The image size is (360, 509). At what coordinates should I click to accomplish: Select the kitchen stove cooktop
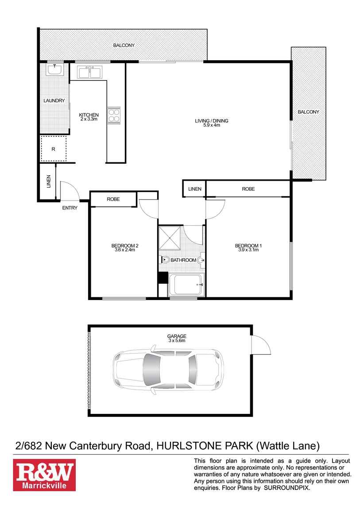[114, 115]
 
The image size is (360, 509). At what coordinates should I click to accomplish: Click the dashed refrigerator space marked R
[54, 149]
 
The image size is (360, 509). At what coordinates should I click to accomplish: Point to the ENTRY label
[70, 208]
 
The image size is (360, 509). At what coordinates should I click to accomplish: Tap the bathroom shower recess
[170, 238]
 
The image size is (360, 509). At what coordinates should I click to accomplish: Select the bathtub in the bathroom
[186, 284]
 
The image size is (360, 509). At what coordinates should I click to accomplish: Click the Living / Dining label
[212, 120]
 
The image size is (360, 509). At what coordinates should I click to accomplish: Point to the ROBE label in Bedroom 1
[248, 189]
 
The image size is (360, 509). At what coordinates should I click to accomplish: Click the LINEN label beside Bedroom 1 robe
[194, 189]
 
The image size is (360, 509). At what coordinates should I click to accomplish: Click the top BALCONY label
[124, 45]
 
